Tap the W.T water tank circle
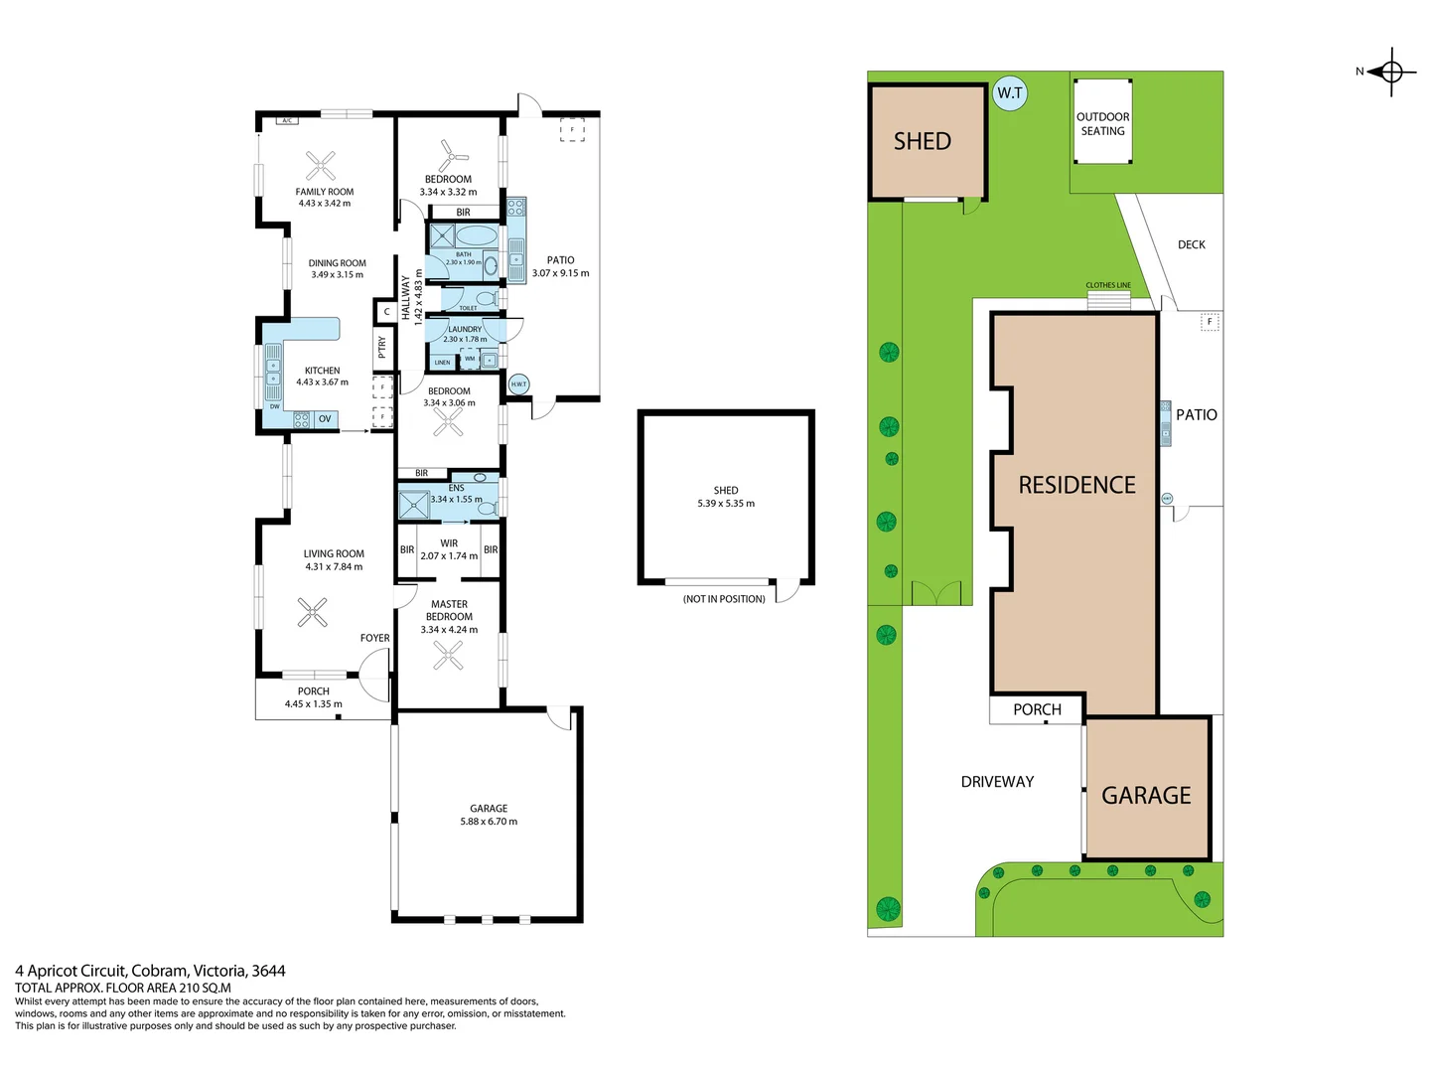click(x=1010, y=93)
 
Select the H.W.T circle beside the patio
click(x=518, y=384)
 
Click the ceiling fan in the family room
click(x=321, y=165)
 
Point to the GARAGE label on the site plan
click(x=1146, y=796)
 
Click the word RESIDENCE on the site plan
click(x=1076, y=485)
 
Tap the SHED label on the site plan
click(x=922, y=142)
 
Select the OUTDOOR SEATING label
click(x=1102, y=124)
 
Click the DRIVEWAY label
click(x=997, y=782)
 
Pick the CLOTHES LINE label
click(x=1108, y=285)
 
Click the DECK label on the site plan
click(x=1191, y=244)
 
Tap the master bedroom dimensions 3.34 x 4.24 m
click(x=449, y=630)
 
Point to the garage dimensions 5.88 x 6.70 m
click(x=489, y=822)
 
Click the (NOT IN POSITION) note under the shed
click(x=724, y=599)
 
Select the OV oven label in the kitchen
click(x=325, y=419)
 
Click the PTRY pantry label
click(x=382, y=347)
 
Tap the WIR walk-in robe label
click(x=449, y=543)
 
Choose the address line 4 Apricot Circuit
click(x=150, y=971)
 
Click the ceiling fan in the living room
click(x=313, y=612)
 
